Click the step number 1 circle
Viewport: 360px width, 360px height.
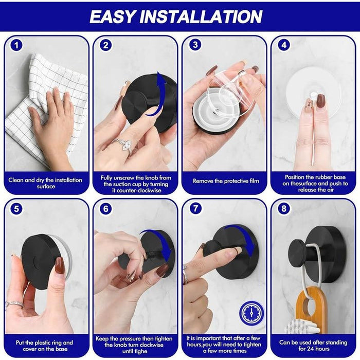click(x=17, y=45)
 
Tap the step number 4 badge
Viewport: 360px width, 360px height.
click(x=284, y=45)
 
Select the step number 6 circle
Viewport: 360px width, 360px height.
click(x=106, y=209)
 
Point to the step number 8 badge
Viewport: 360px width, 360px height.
click(x=284, y=209)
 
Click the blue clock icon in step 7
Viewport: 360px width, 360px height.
click(x=251, y=313)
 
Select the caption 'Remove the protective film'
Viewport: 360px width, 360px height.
click(x=224, y=181)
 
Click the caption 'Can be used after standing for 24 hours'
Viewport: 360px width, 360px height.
click(x=313, y=345)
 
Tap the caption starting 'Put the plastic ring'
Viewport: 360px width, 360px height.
click(x=46, y=345)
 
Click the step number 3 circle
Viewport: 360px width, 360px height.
click(x=195, y=45)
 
